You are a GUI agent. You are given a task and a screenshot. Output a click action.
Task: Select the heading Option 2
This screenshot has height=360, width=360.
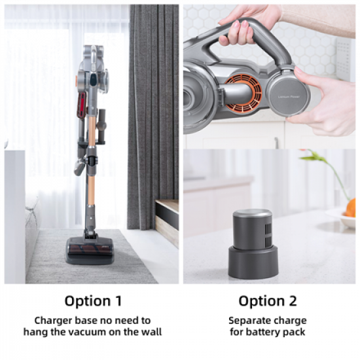click(267, 301)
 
